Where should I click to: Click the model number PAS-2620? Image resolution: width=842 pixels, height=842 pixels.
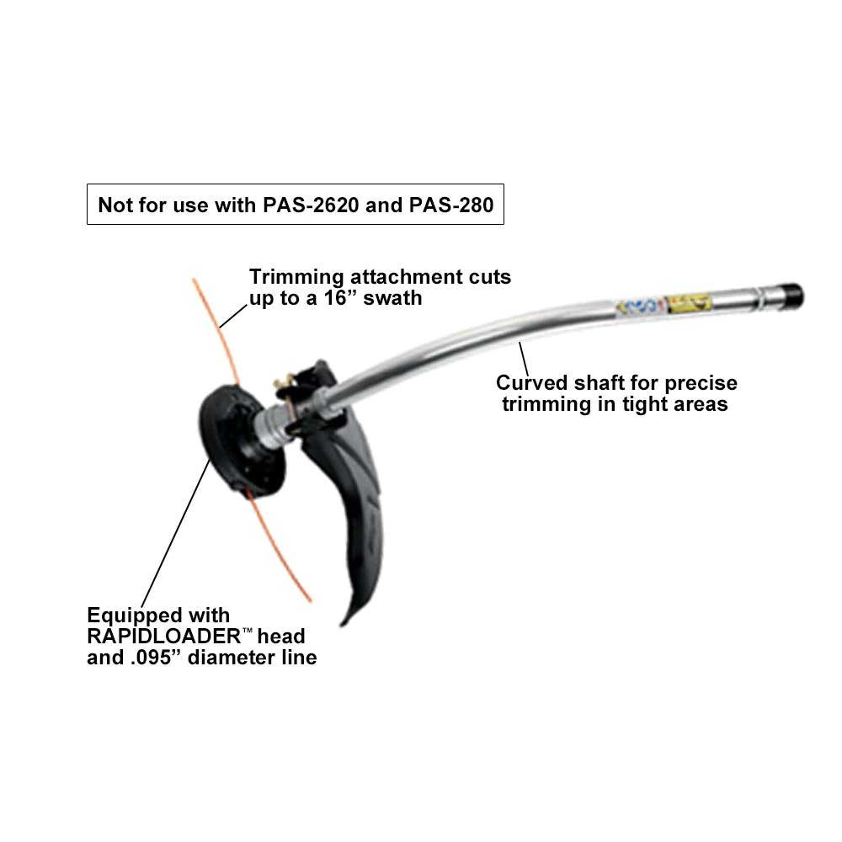[311, 205]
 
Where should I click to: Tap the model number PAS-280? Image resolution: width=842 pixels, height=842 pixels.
[451, 205]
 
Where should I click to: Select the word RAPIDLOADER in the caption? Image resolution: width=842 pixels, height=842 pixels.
[164, 637]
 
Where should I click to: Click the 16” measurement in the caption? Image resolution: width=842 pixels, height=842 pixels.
[340, 298]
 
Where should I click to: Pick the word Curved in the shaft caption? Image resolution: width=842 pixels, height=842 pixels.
[531, 383]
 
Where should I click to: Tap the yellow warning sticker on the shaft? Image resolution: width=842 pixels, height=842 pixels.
[689, 303]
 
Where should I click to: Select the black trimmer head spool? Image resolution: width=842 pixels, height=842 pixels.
[242, 441]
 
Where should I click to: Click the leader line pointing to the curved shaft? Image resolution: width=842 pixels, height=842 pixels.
[524, 359]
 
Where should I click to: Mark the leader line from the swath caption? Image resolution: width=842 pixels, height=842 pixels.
[233, 317]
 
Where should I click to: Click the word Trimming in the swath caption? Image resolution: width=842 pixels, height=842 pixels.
[296, 277]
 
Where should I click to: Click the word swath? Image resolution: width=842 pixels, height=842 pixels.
[392, 298]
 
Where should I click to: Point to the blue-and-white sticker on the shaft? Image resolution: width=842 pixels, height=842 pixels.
[640, 306]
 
